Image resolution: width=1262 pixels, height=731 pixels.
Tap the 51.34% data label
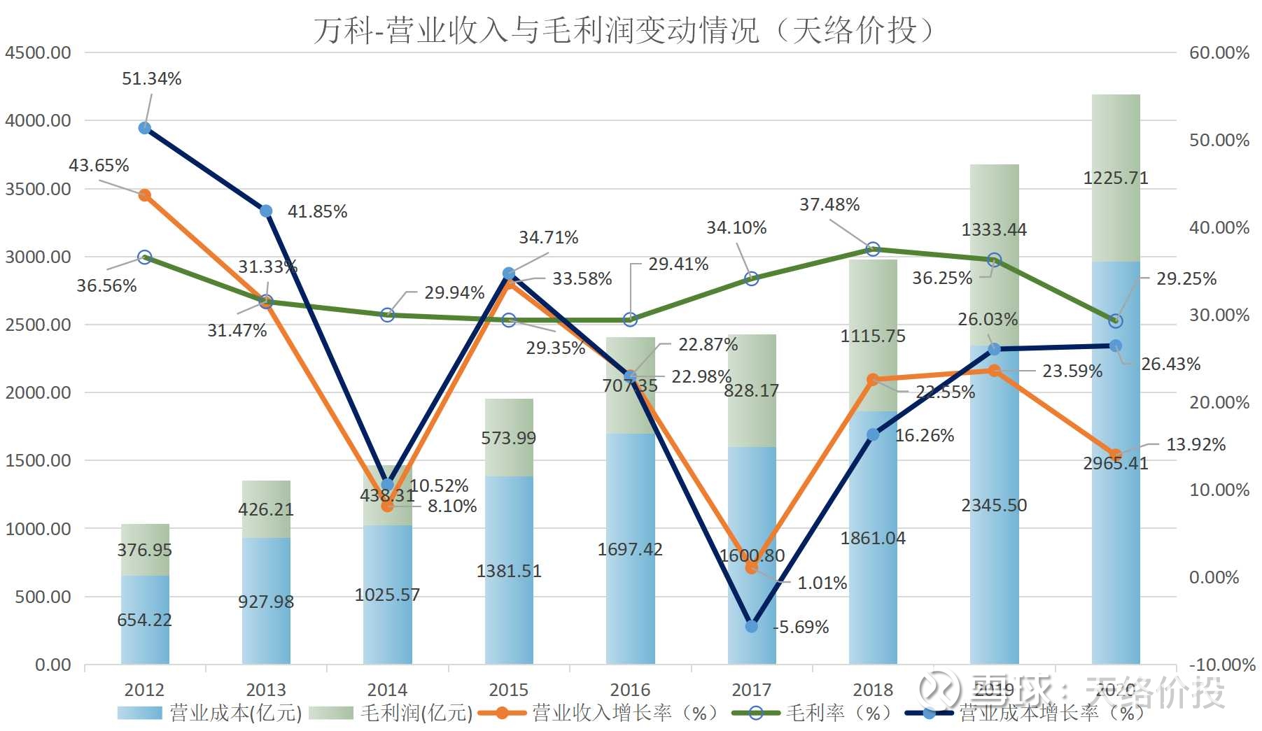click(x=151, y=79)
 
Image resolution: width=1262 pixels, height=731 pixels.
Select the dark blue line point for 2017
click(x=751, y=626)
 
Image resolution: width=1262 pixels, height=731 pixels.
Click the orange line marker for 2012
click(x=145, y=195)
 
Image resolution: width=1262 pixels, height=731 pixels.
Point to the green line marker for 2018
click(x=873, y=249)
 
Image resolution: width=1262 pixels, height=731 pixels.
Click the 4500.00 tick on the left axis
click(x=38, y=53)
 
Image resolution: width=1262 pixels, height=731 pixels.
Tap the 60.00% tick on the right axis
click(x=1219, y=53)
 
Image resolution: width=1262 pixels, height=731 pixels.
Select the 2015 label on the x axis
click(x=508, y=690)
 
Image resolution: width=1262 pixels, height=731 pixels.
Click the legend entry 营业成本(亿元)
click(x=210, y=713)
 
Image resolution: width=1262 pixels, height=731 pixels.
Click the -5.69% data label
click(x=801, y=627)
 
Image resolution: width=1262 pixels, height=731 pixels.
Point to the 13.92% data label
click(x=1195, y=445)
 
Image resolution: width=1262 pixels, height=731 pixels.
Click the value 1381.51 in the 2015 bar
click(x=508, y=572)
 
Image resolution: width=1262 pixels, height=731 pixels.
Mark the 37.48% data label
click(x=829, y=205)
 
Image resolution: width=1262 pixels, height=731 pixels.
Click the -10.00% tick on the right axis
click(x=1221, y=665)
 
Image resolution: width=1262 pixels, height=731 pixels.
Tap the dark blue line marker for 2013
click(x=266, y=211)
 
